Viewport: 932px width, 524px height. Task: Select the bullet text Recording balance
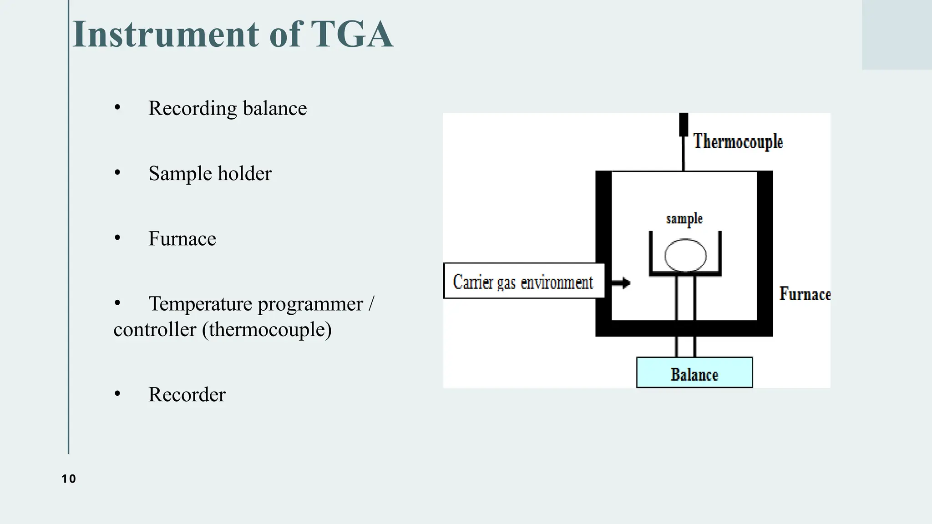point(227,109)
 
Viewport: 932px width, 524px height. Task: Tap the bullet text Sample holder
point(210,174)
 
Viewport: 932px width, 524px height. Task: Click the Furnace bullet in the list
point(182,239)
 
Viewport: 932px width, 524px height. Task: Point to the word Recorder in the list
point(187,395)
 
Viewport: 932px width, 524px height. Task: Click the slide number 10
point(69,479)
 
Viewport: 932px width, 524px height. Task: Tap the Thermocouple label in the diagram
point(738,141)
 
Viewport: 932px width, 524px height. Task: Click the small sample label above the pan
point(684,219)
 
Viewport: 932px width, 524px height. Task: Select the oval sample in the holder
point(685,256)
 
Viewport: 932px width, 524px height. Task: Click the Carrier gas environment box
point(524,281)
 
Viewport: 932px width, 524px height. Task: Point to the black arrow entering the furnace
point(621,283)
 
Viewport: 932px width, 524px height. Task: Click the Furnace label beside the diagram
point(804,294)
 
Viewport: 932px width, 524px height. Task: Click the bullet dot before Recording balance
point(117,108)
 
